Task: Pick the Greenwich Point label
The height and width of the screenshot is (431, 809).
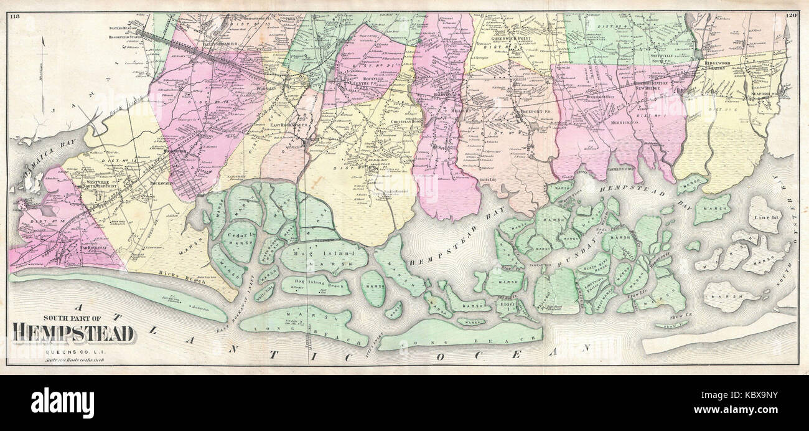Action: coord(511,37)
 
